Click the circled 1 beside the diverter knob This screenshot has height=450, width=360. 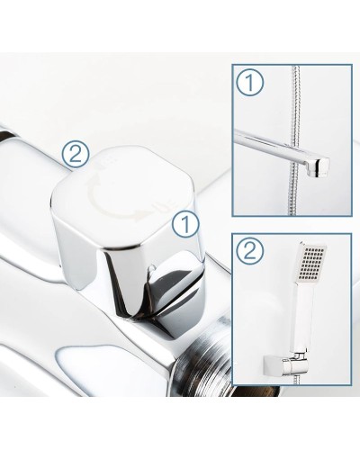pos(186,223)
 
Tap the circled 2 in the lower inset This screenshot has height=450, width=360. pos(250,250)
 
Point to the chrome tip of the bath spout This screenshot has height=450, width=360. pos(318,166)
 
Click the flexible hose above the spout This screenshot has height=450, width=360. pos(294,99)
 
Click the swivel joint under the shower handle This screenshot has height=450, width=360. pos(300,356)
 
